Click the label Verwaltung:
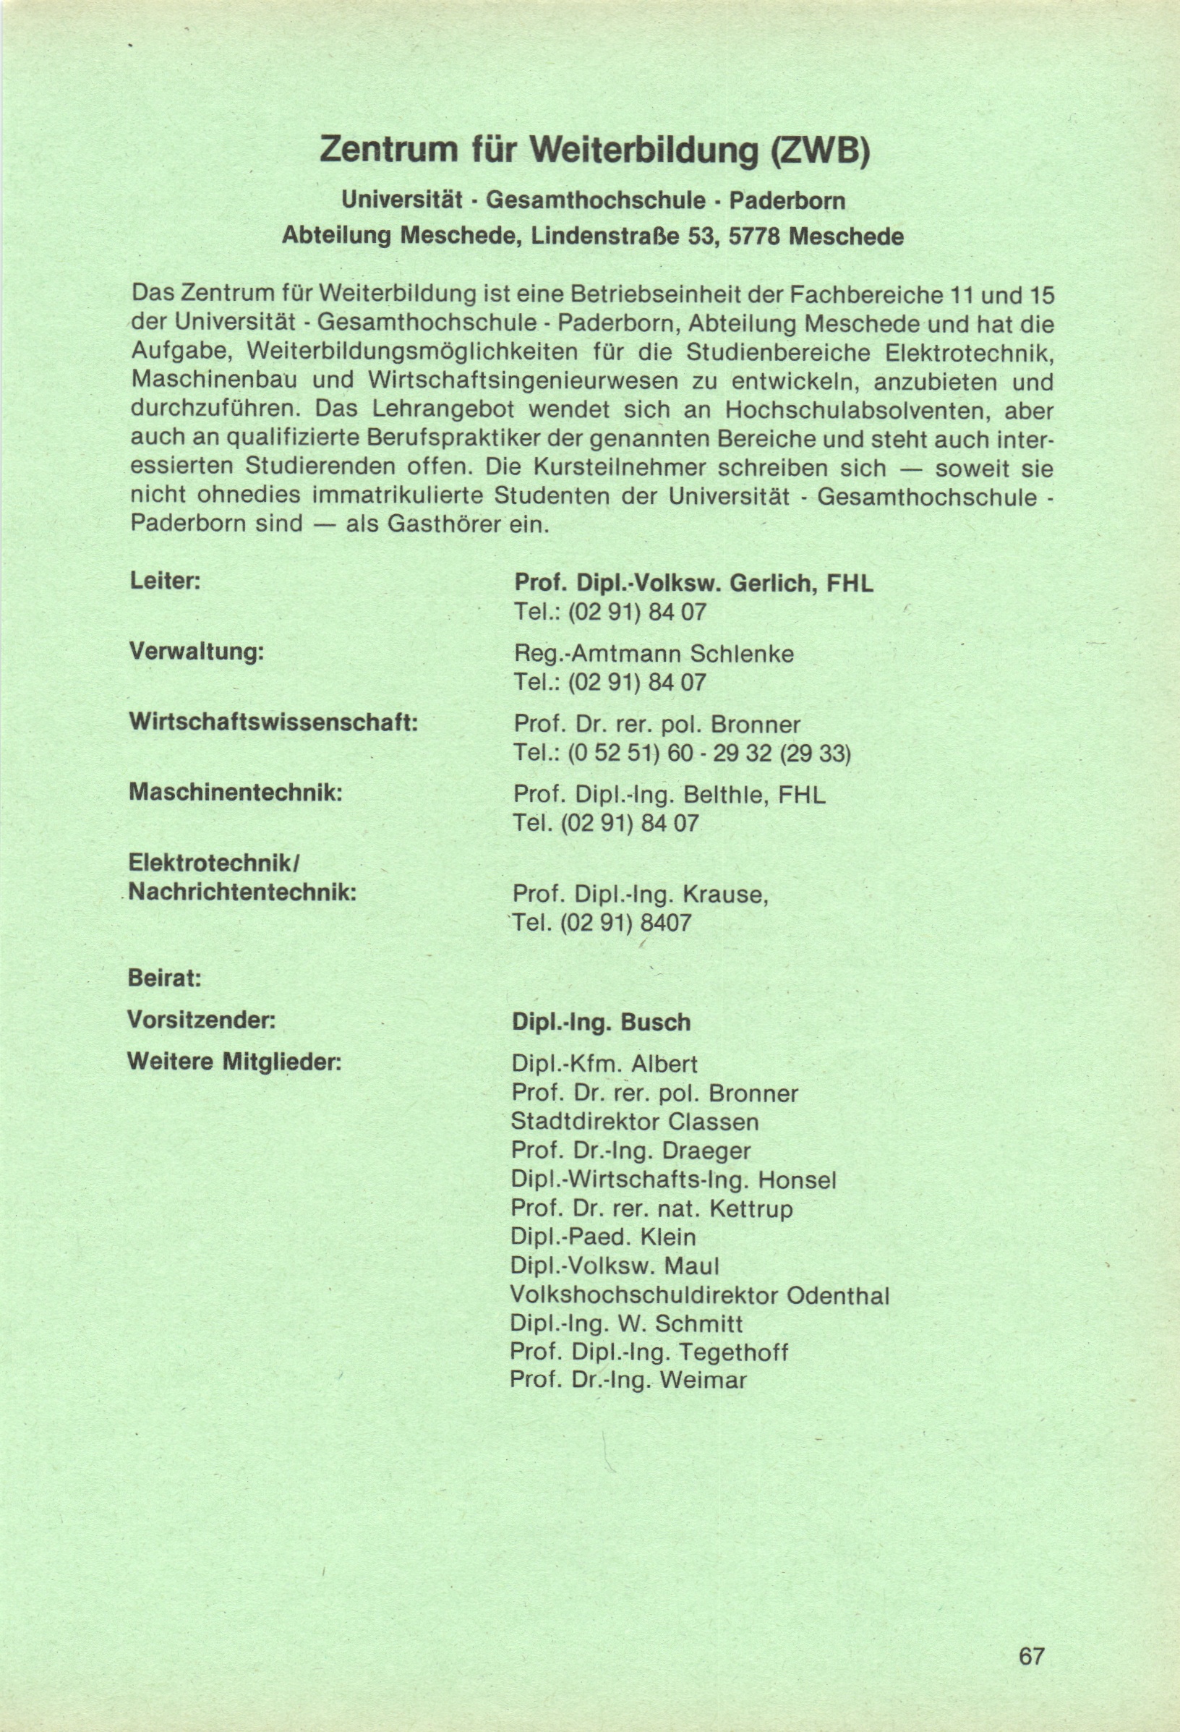click(x=197, y=652)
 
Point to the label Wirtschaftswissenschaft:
click(x=273, y=722)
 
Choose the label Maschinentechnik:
click(x=236, y=791)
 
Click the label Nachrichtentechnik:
click(x=243, y=892)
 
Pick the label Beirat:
click(x=165, y=978)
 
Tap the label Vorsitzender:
click(x=202, y=1019)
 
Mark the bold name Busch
click(x=656, y=1023)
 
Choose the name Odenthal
click(x=837, y=1296)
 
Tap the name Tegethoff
click(x=734, y=1352)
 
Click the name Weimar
click(x=703, y=1381)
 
